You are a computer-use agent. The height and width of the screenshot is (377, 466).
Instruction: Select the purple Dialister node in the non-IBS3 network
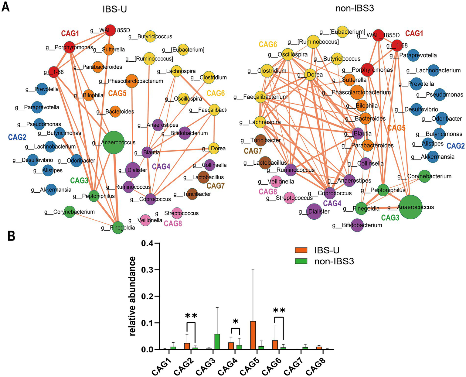tap(315, 211)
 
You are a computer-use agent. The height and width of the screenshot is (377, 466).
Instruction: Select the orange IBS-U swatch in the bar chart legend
tap(301, 250)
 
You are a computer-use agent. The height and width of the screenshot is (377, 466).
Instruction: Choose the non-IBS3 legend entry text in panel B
tap(334, 261)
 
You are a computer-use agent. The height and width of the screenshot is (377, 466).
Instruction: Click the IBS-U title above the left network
tap(114, 9)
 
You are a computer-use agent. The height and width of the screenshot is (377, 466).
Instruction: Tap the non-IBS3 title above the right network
tap(355, 8)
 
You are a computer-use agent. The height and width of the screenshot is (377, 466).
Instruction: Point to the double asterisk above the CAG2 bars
tap(191, 316)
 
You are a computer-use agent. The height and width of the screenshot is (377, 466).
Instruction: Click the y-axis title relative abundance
tap(132, 296)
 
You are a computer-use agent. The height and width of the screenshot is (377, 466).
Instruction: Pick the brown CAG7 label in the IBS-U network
tap(216, 186)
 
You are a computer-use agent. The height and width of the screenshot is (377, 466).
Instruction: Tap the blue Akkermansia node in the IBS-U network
tap(51, 190)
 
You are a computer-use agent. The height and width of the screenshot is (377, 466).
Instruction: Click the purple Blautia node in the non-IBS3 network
tap(359, 133)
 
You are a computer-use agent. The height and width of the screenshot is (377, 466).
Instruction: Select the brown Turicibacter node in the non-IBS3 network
tap(260, 140)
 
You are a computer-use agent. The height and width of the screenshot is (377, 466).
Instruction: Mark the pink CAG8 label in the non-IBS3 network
tap(267, 192)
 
